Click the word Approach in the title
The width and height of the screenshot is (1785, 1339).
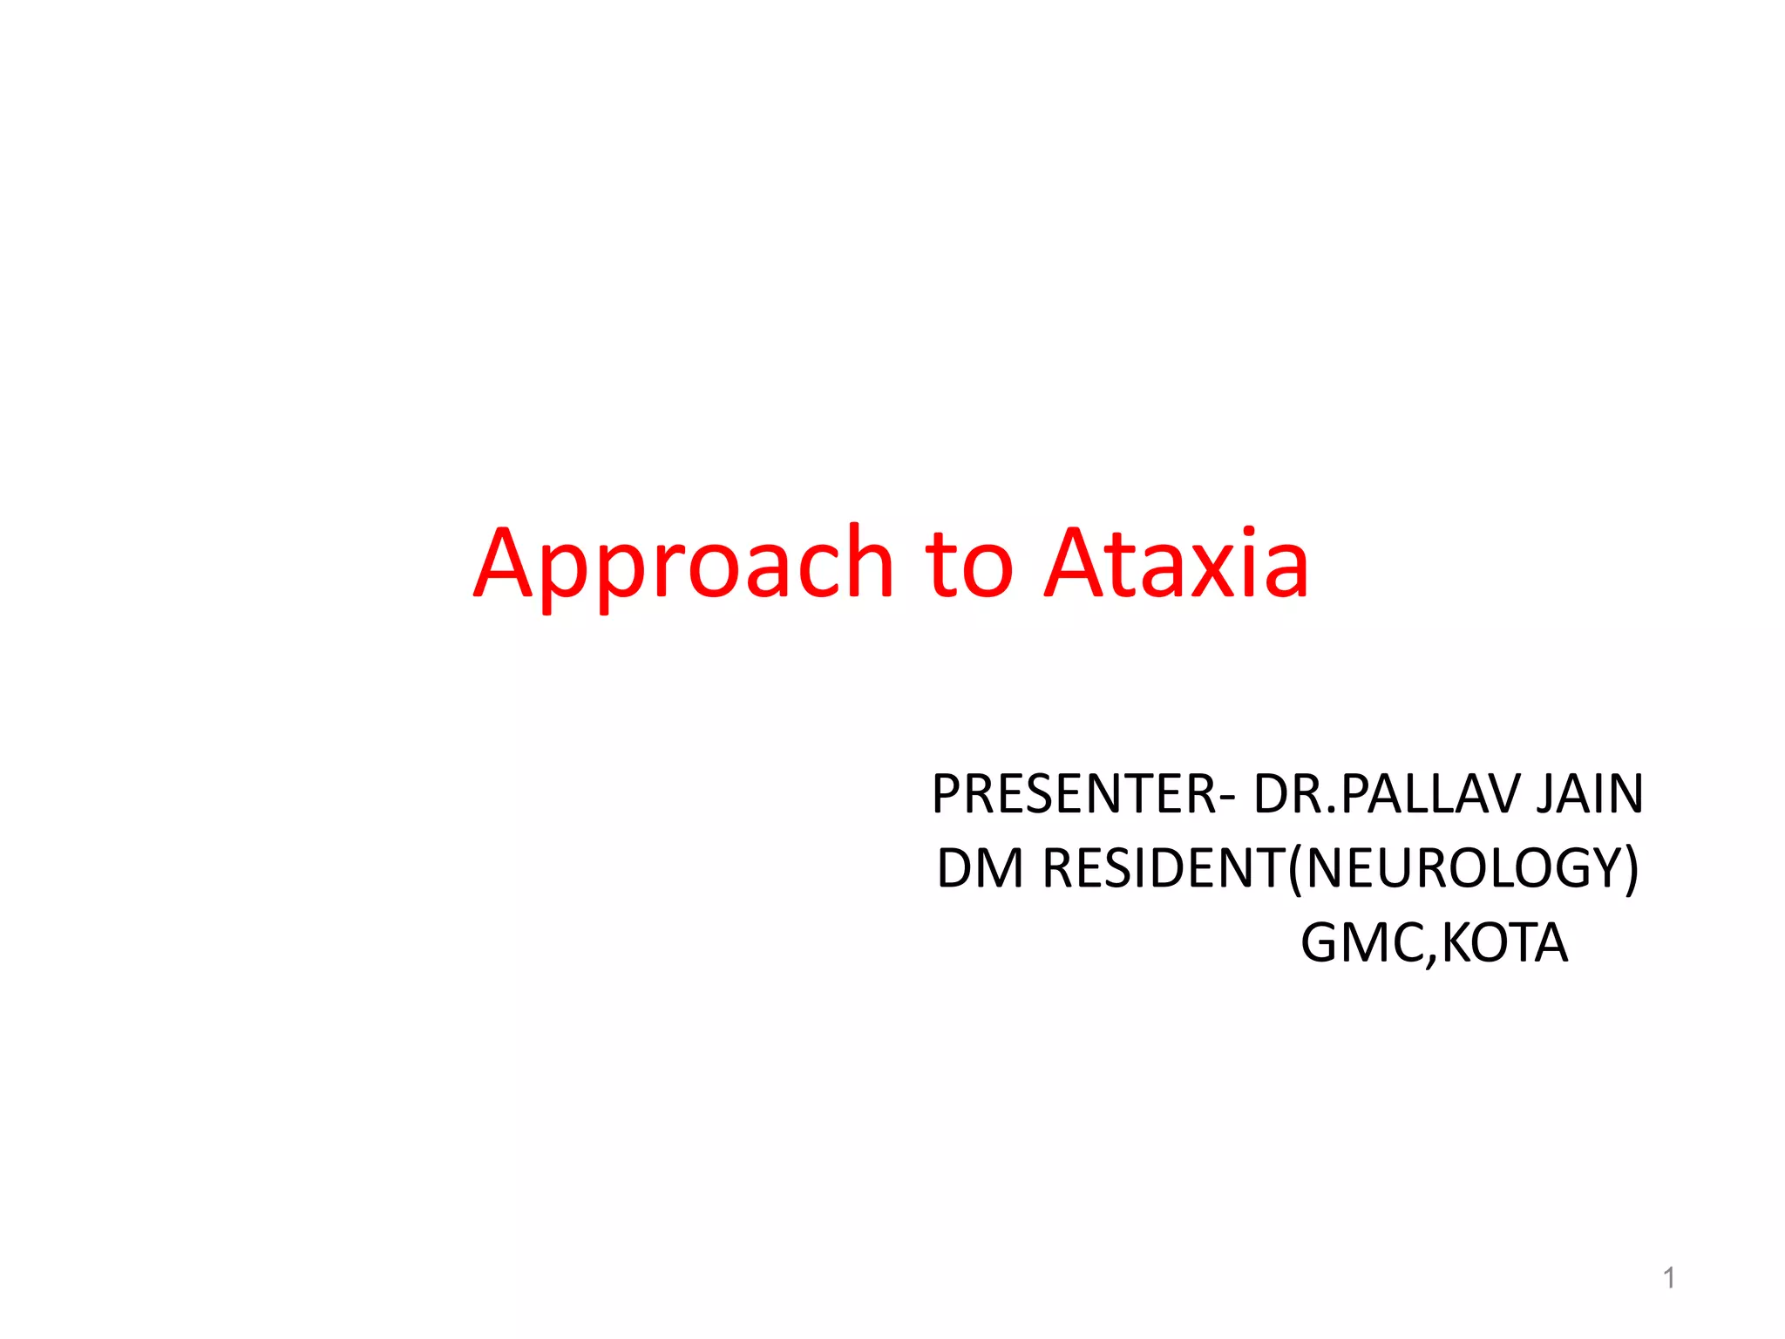683,565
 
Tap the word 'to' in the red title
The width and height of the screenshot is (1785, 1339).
969,565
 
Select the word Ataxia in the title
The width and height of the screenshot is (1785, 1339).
1177,565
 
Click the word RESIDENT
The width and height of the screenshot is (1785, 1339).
1164,868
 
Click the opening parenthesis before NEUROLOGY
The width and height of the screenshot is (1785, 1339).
1296,870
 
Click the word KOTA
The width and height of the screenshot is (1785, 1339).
1504,943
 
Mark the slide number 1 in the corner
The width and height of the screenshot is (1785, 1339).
1668,1278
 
